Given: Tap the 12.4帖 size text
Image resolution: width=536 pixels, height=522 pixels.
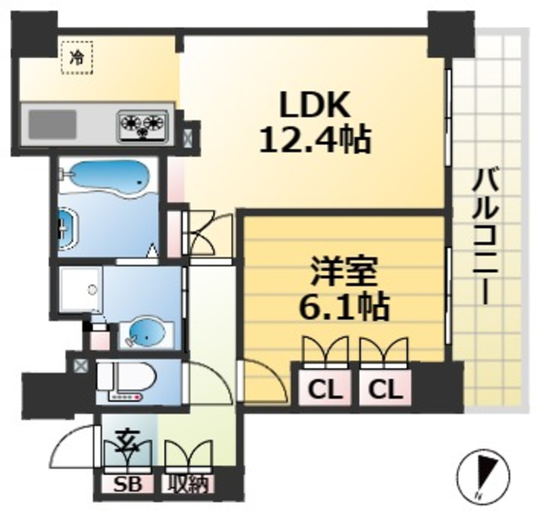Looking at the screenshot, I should [x=314, y=139].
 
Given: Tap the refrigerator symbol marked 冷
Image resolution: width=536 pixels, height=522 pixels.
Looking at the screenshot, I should [x=77, y=59].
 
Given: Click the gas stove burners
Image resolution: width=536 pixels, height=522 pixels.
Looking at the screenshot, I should [x=142, y=126].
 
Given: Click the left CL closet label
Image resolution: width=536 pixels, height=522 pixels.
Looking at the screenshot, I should [x=319, y=389].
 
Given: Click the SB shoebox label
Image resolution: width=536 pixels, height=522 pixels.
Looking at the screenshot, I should [x=126, y=484].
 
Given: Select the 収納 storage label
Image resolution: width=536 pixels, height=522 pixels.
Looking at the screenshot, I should [x=187, y=484].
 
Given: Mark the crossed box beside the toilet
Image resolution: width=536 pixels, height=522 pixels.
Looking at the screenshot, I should [x=80, y=366].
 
